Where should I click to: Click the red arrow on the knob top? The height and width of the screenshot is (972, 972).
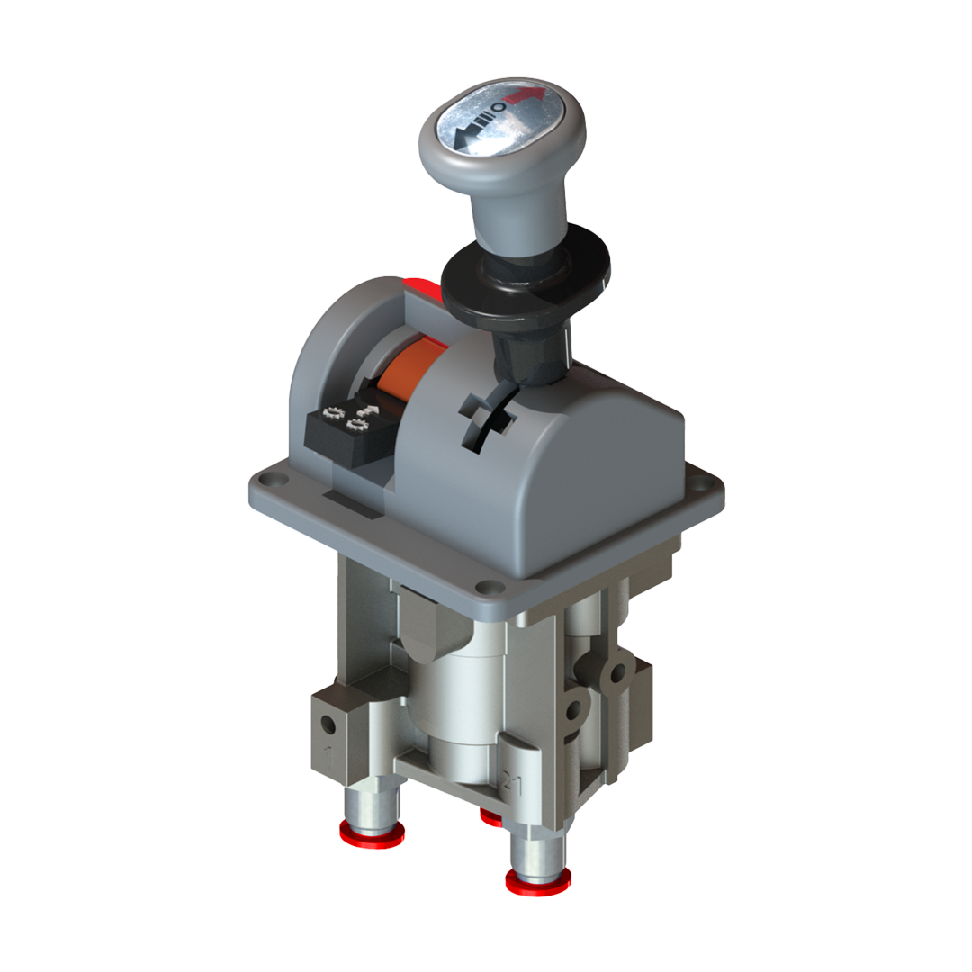click(526, 94)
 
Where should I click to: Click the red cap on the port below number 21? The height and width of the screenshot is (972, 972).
click(537, 881)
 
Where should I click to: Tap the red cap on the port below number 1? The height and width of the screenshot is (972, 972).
click(372, 834)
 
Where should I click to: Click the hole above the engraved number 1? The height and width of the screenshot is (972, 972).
click(330, 724)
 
